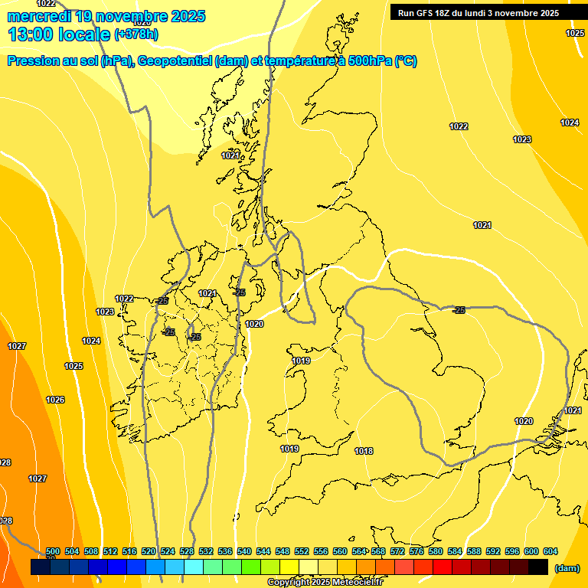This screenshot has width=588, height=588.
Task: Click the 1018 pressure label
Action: point(364,451)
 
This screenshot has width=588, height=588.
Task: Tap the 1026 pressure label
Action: point(55,400)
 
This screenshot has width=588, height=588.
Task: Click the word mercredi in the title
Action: point(36,16)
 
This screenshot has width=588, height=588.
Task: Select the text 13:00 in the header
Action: point(31,34)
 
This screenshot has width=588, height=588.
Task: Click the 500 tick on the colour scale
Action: point(53,552)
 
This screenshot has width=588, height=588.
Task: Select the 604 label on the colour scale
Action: point(550,552)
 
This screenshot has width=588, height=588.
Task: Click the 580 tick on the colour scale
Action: point(436,552)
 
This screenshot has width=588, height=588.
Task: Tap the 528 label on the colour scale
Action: point(187,552)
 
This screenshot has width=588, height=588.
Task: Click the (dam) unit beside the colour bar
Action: point(567,568)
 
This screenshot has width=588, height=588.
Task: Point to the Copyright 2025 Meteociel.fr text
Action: point(325,583)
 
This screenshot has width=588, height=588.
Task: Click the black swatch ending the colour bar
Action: point(538,567)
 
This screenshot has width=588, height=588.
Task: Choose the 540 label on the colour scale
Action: point(244,552)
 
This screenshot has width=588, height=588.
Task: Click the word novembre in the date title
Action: point(136,16)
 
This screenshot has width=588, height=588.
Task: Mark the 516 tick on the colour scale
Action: point(129,552)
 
